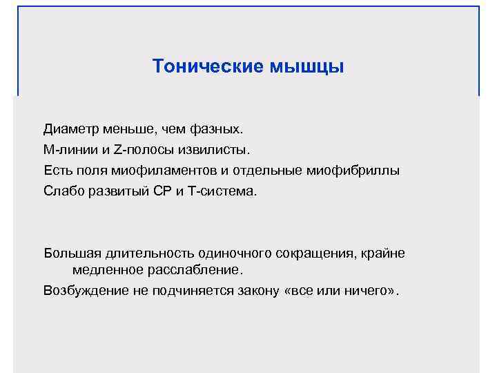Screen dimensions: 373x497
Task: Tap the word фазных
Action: (x=218, y=129)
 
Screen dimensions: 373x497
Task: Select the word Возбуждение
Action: (x=86, y=290)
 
